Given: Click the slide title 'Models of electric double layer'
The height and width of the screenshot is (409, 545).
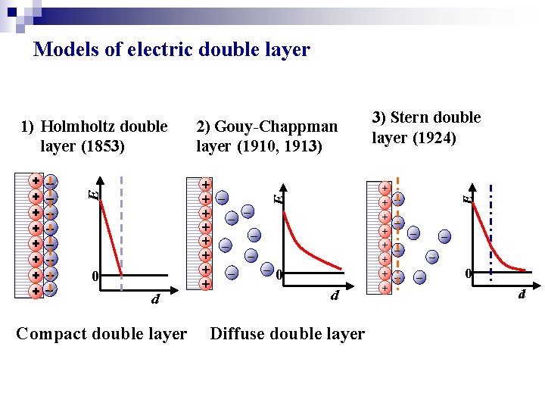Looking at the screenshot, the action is click(x=172, y=50).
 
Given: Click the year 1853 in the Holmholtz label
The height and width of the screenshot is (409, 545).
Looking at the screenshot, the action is click(x=102, y=145).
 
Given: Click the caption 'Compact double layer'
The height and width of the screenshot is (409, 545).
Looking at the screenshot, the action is click(x=101, y=334).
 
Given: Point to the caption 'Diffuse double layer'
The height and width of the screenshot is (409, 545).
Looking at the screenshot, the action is click(x=287, y=334).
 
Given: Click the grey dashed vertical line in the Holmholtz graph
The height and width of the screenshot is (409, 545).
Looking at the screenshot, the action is click(x=121, y=227).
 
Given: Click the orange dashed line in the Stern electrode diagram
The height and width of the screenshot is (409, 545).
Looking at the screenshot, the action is click(x=397, y=235).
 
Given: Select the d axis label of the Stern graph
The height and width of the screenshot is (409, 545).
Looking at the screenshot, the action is click(x=522, y=293).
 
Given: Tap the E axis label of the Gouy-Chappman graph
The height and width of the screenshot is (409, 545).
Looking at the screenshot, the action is click(x=279, y=198).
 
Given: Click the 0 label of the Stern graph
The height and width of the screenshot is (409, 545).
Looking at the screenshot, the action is click(x=469, y=273).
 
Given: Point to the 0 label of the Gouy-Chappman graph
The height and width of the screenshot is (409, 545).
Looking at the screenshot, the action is click(x=279, y=274).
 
